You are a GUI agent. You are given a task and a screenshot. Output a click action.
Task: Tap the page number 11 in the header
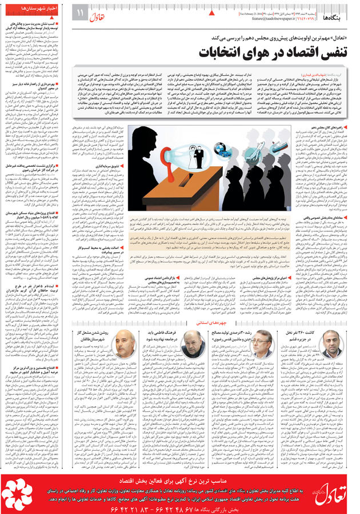coord(80,12)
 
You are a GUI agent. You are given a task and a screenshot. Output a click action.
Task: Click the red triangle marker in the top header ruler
coord(213,11)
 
